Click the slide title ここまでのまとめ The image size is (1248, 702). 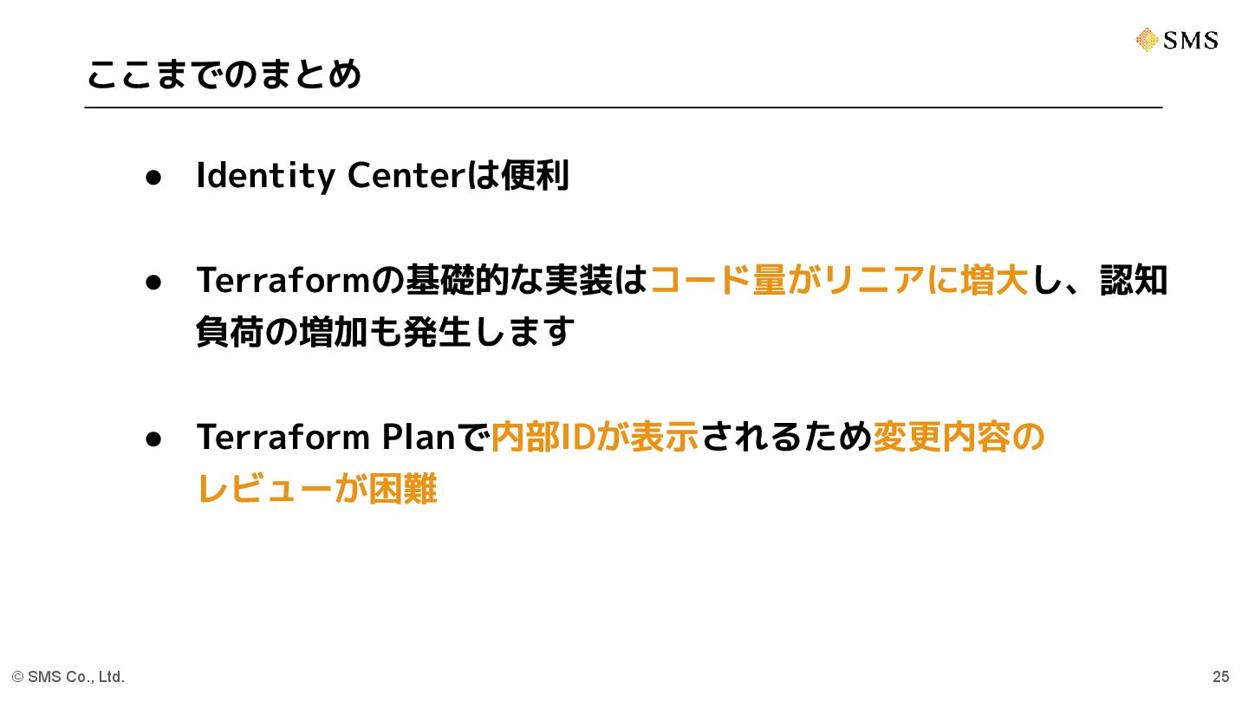[x=224, y=75]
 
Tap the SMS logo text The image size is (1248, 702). [x=1191, y=40]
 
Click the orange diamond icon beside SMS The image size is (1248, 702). [x=1147, y=40]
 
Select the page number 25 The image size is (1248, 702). [x=1220, y=677]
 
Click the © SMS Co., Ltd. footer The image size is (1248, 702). [x=68, y=677]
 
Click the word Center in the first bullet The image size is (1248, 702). [x=406, y=175]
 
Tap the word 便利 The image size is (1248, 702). [x=535, y=175]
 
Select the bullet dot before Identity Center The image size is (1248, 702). [x=153, y=177]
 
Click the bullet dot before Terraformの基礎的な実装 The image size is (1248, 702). [x=153, y=282]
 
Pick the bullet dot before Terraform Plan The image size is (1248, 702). [x=153, y=439]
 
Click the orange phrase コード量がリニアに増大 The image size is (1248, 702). [x=838, y=280]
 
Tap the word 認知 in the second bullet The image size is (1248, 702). [x=1134, y=280]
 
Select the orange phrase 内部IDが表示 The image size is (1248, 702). [x=595, y=437]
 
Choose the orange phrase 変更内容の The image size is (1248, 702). [x=959, y=437]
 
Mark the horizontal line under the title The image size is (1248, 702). [x=623, y=107]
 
